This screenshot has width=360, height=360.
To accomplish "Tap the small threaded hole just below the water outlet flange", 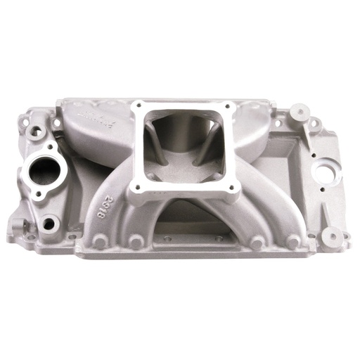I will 49,224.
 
